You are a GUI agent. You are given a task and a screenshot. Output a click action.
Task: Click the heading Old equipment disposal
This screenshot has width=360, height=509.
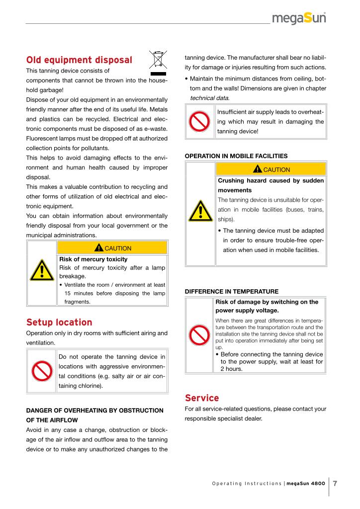click(x=79, y=60)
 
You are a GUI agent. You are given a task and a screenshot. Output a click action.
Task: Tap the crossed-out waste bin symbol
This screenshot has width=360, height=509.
click(x=159, y=61)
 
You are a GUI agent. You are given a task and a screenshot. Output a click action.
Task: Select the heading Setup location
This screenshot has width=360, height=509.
click(x=59, y=322)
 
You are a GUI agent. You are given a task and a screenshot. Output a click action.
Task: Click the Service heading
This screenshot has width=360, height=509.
click(x=202, y=398)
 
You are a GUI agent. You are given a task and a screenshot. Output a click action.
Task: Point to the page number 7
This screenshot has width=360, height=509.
click(x=335, y=483)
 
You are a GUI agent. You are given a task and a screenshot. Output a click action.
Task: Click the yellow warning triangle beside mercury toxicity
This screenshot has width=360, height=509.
click(x=42, y=271)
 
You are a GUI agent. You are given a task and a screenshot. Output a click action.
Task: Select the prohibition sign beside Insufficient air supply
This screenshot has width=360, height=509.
click(x=201, y=121)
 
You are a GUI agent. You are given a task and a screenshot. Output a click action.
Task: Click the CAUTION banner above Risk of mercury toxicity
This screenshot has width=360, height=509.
click(x=113, y=248)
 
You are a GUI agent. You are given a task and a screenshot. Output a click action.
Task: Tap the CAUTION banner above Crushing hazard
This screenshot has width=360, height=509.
click(x=271, y=170)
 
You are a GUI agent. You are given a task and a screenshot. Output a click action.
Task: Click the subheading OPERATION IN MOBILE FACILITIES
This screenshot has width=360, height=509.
click(x=236, y=156)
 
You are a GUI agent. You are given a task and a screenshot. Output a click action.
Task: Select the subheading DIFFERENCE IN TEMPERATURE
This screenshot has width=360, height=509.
click(x=232, y=291)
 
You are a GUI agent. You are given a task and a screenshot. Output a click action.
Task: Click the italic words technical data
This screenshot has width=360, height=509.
click(x=209, y=98)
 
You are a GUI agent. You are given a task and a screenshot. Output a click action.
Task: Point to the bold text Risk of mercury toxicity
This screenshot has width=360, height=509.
click(x=93, y=259)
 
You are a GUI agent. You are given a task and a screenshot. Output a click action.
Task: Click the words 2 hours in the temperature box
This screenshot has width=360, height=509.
click(x=232, y=368)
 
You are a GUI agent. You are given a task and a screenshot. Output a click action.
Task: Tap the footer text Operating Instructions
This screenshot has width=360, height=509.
click(x=246, y=484)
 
